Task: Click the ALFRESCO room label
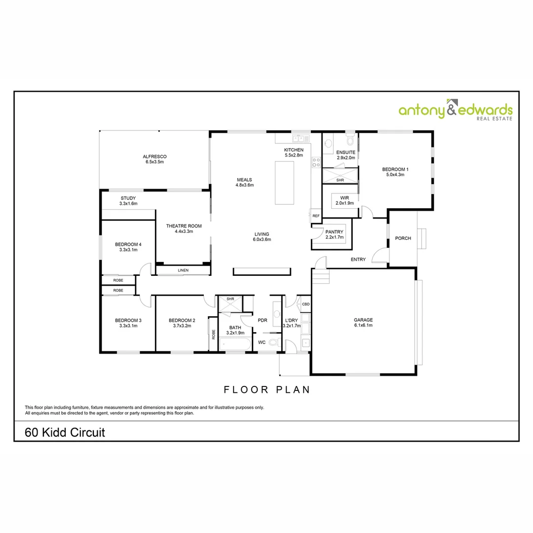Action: click(155, 156)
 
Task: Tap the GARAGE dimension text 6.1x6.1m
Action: click(363, 325)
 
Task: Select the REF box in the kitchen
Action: click(315, 216)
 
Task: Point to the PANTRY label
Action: click(334, 232)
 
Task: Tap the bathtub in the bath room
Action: click(235, 344)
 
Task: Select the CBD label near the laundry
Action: click(305, 304)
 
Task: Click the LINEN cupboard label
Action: click(183, 270)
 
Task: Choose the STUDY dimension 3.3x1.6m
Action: click(128, 203)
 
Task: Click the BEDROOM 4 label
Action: click(128, 244)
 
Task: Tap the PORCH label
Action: click(403, 238)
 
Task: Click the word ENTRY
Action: click(358, 260)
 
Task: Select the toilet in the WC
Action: click(273, 342)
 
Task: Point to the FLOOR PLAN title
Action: click(267, 389)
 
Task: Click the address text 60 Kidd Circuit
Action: click(65, 433)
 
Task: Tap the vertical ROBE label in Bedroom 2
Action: click(213, 334)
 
